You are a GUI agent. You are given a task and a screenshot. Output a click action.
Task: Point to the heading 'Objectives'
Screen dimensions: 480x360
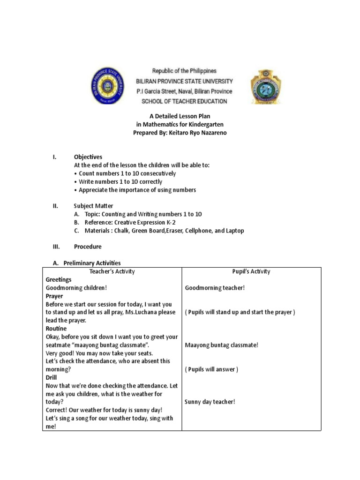click(88, 157)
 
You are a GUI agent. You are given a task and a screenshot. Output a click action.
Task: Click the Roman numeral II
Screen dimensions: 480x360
click(55, 206)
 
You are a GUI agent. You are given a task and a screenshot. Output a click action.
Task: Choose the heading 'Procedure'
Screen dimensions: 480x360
click(88, 247)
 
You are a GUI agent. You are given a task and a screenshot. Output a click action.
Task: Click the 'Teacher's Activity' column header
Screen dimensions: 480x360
click(112, 271)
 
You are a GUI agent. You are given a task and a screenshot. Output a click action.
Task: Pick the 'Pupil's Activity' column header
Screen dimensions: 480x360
click(251, 271)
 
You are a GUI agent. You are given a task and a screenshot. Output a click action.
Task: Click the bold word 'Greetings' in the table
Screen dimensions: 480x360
click(59, 280)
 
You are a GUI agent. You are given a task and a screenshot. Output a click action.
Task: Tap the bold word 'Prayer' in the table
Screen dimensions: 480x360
click(54, 296)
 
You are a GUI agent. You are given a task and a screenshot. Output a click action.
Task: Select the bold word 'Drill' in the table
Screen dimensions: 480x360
click(51, 377)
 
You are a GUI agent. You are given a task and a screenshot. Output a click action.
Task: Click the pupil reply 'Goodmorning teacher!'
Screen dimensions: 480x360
click(215, 288)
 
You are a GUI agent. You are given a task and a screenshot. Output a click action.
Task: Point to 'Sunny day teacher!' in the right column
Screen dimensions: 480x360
click(210, 402)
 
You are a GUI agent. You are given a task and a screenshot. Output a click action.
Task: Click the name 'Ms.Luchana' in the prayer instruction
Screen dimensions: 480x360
click(143, 312)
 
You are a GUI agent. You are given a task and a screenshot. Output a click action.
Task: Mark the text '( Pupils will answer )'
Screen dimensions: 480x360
click(211, 369)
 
